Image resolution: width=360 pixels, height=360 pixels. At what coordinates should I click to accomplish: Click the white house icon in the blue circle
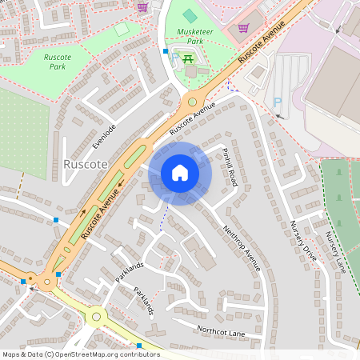point(180,173)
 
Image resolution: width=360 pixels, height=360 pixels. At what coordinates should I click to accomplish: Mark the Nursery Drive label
point(303,239)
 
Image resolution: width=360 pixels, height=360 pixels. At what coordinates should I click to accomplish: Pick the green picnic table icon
point(189,58)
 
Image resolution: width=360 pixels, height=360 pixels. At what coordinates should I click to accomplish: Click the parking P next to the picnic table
point(174,58)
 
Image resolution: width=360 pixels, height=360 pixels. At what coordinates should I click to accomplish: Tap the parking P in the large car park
point(278,102)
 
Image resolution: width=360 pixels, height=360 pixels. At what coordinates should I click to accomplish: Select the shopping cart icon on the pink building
point(243,26)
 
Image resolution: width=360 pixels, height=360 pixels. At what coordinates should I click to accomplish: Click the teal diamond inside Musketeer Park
point(189,14)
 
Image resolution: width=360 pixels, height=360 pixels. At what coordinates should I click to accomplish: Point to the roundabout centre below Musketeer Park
point(191,102)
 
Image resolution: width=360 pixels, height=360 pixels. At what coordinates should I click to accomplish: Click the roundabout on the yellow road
point(97,317)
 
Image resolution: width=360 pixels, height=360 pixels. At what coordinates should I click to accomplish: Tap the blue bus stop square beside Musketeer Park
point(166,50)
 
